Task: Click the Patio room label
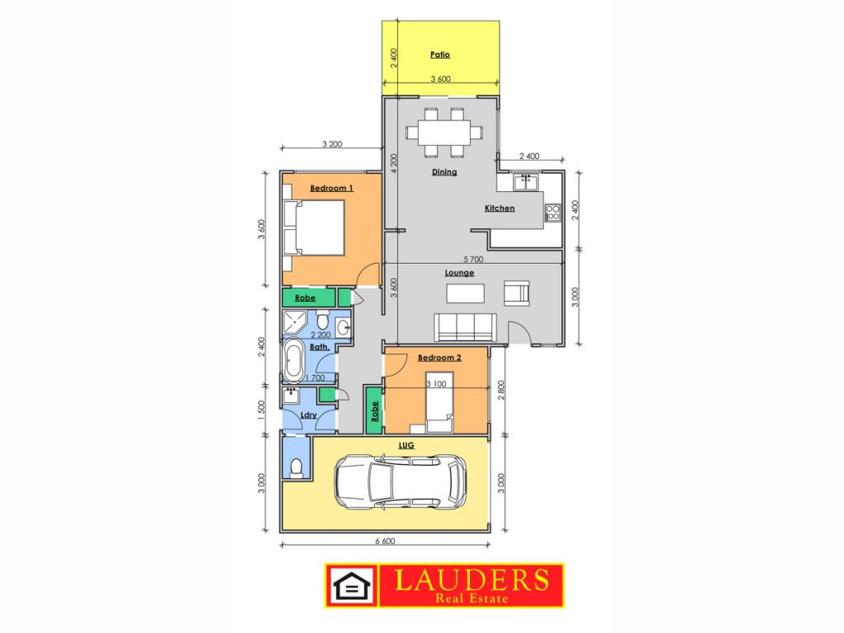point(440,54)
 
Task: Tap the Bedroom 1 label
point(331,188)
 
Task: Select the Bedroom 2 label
point(439,358)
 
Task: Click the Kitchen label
point(499,209)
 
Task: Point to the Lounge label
point(459,273)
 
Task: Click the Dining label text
point(444,172)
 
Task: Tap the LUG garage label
point(406,445)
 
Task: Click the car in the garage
point(401,482)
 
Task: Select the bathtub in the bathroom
point(294,360)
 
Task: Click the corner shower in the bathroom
point(294,322)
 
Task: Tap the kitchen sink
point(526,182)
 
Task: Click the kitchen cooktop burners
point(552,213)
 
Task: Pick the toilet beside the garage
point(296,469)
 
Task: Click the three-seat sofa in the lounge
point(465,327)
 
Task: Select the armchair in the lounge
point(517,293)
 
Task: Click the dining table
point(444,133)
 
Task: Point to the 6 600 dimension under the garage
point(385,541)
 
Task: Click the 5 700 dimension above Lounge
point(473,259)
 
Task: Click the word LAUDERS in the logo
point(471,579)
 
